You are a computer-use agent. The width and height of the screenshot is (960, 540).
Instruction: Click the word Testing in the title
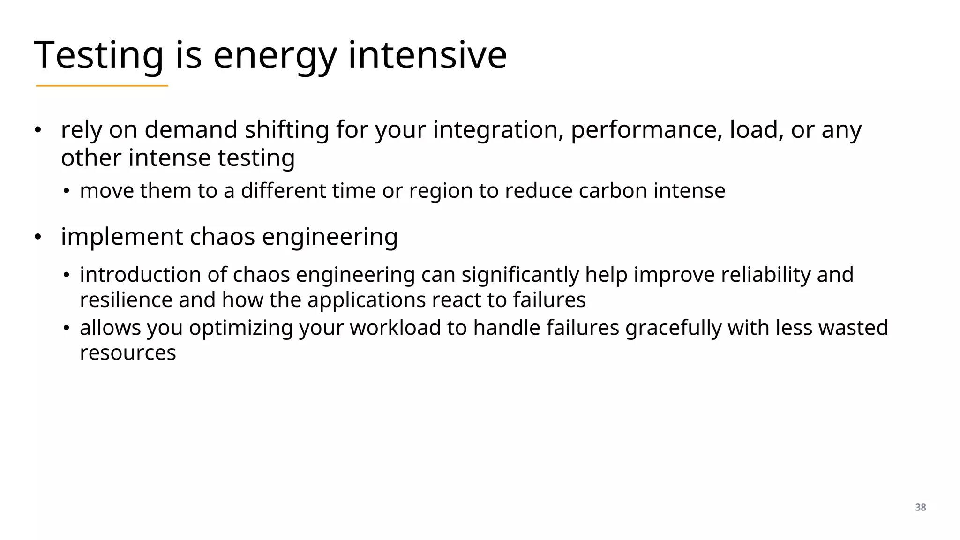coord(99,55)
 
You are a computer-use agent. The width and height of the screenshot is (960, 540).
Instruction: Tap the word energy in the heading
coord(275,55)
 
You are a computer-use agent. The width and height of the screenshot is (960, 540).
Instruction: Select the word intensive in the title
coord(427,55)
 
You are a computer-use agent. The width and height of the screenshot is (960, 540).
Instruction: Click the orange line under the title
coord(102,86)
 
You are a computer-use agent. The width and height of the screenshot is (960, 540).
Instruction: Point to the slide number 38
coord(920,507)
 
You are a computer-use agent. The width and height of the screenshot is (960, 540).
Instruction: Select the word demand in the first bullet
coord(191,130)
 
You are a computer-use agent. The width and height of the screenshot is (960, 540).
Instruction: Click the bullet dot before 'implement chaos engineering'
coord(38,237)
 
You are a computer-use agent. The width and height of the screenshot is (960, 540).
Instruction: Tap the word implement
coord(121,237)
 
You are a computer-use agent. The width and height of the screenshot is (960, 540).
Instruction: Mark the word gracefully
coord(673,328)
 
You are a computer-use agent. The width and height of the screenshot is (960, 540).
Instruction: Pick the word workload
coord(395,328)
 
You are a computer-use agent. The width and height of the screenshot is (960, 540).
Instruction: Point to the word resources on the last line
coord(127,353)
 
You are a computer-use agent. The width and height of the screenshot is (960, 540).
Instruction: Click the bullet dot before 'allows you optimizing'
coord(67,328)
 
